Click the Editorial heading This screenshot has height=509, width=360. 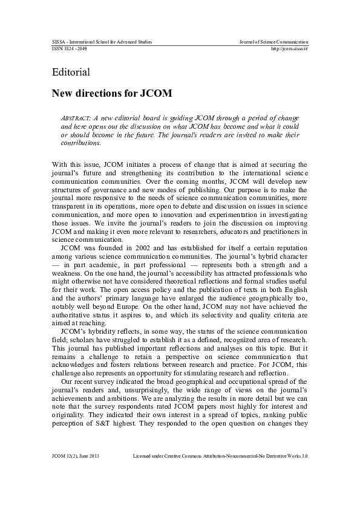pos(71,73)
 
